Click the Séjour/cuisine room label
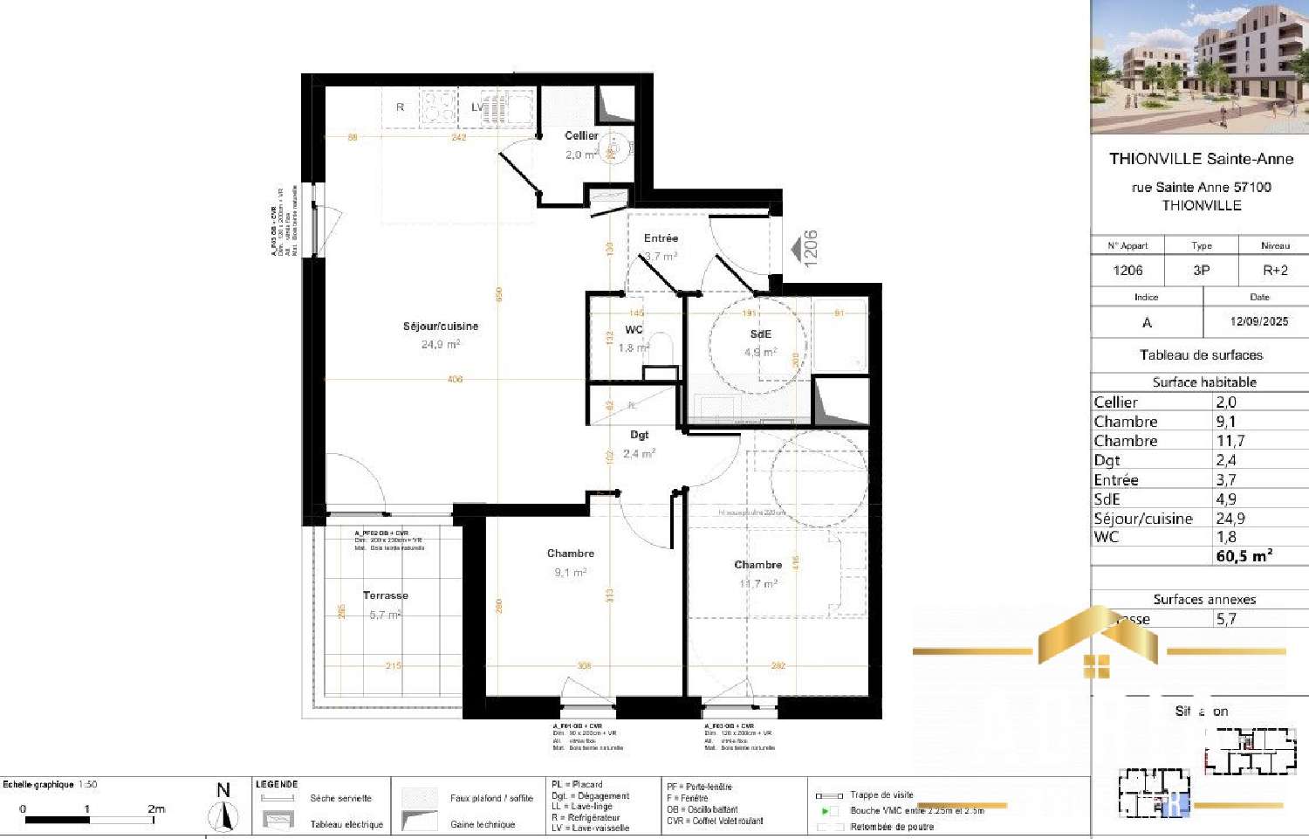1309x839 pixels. click(x=440, y=327)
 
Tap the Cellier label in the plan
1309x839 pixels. click(x=581, y=135)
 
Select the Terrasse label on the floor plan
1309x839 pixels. click(x=385, y=595)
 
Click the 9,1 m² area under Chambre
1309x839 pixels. click(x=570, y=573)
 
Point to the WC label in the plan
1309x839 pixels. click(x=634, y=330)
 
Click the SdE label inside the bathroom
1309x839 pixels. click(x=760, y=334)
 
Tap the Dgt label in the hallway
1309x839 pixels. click(x=640, y=435)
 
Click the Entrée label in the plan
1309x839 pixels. click(x=661, y=238)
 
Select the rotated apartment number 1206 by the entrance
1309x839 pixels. click(x=811, y=248)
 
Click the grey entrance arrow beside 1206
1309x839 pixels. click(x=795, y=250)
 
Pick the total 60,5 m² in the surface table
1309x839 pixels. click(x=1244, y=556)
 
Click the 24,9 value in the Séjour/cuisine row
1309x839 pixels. click(x=1230, y=519)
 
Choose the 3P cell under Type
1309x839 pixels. click(x=1201, y=271)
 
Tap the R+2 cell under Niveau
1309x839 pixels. click(x=1274, y=271)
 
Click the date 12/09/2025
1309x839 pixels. click(x=1258, y=321)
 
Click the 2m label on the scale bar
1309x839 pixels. click(x=156, y=808)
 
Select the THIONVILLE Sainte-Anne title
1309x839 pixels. click(x=1201, y=159)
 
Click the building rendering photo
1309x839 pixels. click(x=1199, y=66)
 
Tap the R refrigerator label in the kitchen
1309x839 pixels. click(x=401, y=107)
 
